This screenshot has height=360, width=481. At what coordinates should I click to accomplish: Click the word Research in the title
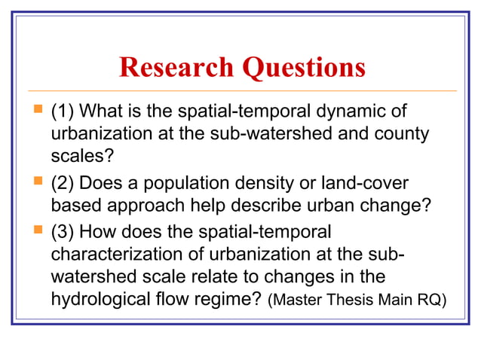click(177, 68)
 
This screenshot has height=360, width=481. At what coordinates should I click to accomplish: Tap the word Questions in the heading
click(304, 68)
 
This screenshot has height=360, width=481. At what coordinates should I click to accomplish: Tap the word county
click(403, 136)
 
